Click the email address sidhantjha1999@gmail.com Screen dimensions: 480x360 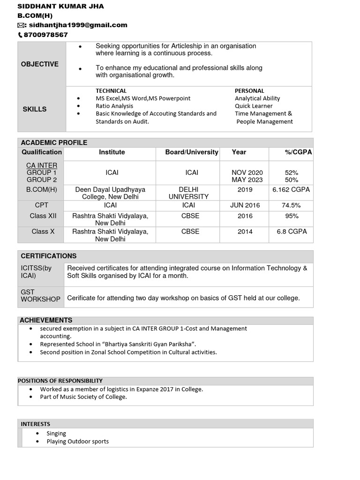[78, 25]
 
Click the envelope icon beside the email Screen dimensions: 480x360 [21, 25]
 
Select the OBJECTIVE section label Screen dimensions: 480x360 [40, 64]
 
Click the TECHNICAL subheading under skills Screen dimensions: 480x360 [111, 90]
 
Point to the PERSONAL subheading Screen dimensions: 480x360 [249, 90]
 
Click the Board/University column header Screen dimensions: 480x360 [192, 152]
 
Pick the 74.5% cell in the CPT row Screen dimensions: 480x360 [291, 205]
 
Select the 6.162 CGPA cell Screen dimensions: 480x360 [291, 190]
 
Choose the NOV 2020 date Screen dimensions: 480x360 [247, 172]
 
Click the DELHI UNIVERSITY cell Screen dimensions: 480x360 [192, 193]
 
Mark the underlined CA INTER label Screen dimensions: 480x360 [42, 165]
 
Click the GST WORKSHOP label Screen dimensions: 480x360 [40, 295]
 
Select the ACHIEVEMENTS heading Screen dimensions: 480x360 [46, 320]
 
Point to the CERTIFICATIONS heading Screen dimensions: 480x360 [49, 256]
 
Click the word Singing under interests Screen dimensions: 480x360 [56, 434]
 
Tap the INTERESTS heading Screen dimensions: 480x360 [36, 424]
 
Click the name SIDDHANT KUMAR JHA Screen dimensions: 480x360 [61, 6]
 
